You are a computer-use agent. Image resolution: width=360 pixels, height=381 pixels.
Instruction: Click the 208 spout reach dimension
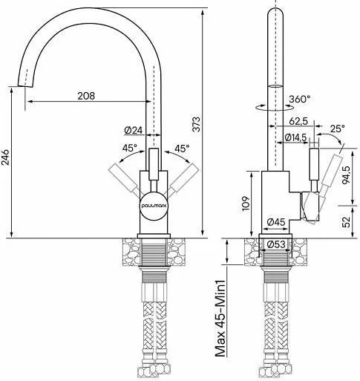click(x=86, y=96)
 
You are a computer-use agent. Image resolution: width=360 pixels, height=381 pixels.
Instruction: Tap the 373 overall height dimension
click(x=196, y=124)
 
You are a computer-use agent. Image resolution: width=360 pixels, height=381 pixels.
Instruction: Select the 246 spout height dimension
click(x=5, y=157)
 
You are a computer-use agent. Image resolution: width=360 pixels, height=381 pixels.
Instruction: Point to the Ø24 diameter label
click(x=134, y=130)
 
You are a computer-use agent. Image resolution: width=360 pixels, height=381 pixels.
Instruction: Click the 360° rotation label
click(x=300, y=99)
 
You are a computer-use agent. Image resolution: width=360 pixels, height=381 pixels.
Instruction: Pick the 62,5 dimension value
click(x=298, y=121)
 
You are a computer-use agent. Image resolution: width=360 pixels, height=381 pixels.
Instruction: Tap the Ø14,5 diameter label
click(x=295, y=137)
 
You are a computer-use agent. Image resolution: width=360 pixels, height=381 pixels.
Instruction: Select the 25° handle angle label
click(x=338, y=128)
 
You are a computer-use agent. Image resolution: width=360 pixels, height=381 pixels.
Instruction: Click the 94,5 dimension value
click(x=346, y=175)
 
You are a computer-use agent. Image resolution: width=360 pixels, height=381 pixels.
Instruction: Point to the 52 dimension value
click(x=346, y=222)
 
